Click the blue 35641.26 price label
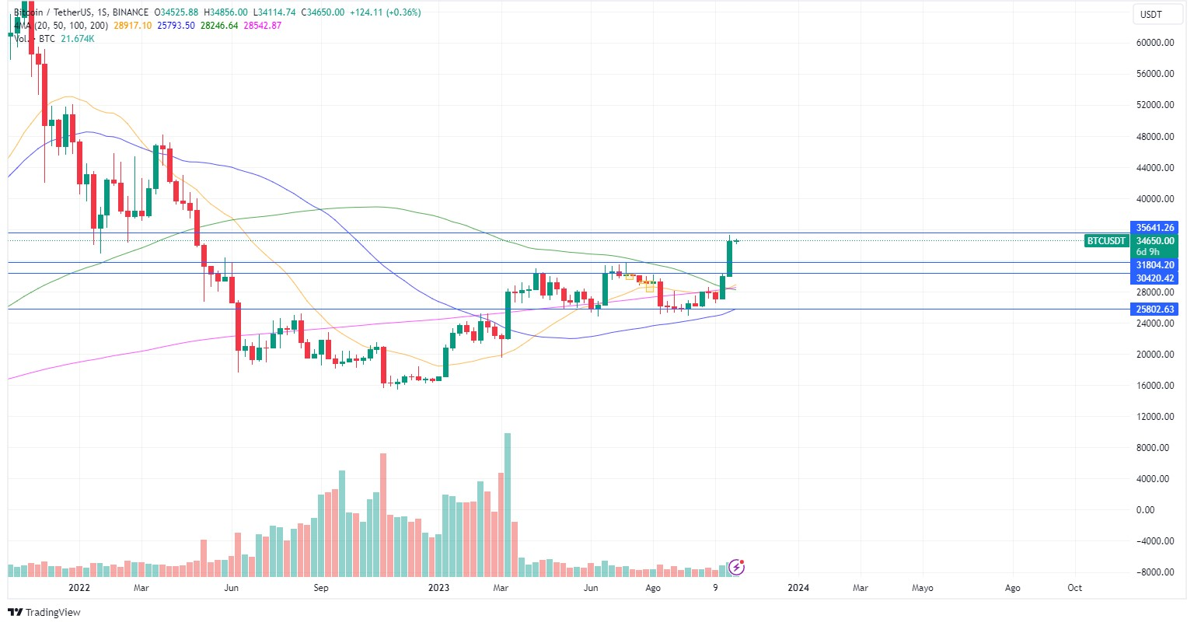click(1154, 228)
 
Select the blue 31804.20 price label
click(1154, 265)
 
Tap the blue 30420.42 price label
click(1154, 278)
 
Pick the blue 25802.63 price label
click(1154, 310)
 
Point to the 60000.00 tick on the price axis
click(1154, 43)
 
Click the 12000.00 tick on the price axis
click(1154, 417)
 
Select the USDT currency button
click(1150, 15)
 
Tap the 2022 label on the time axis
click(79, 588)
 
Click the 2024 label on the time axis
click(798, 588)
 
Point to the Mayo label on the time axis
click(923, 588)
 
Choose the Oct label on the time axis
click(1074, 588)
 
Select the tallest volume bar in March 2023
click(508, 498)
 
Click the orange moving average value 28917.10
click(133, 26)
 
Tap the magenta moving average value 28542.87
click(262, 26)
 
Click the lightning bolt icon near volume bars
click(737, 567)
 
